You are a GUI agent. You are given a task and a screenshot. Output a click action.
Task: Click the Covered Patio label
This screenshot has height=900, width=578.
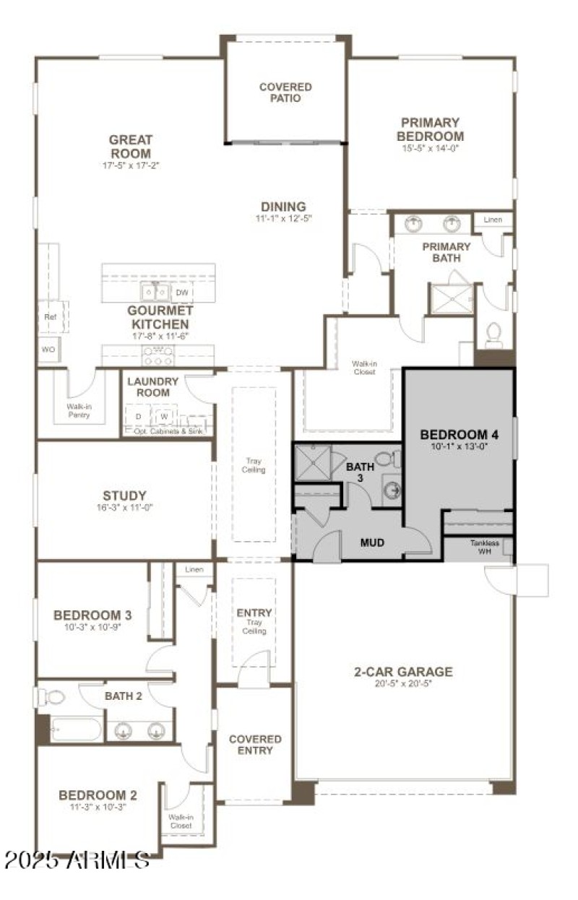point(285,92)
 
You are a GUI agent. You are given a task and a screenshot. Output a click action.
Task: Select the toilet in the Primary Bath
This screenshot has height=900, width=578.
point(494,332)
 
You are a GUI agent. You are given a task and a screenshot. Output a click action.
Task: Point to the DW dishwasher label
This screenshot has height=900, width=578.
point(182,293)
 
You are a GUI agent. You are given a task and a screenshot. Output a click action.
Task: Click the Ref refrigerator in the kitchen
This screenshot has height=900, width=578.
point(50,316)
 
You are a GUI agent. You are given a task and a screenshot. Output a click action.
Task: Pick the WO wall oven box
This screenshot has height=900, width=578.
point(49,350)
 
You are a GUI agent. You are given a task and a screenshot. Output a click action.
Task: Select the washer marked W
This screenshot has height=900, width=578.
point(164,417)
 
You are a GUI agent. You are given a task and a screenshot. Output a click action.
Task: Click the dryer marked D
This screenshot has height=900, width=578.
point(138,417)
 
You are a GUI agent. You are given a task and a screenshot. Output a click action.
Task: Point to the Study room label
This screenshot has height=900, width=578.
point(124,496)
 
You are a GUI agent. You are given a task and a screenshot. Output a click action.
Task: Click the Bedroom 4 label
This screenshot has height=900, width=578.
point(459,435)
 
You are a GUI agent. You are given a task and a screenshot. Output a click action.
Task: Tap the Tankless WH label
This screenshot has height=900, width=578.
point(484,548)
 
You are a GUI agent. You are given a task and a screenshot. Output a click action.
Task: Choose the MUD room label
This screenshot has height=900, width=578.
point(372,542)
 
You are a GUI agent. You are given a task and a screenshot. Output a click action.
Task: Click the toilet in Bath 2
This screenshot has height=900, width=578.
point(52,697)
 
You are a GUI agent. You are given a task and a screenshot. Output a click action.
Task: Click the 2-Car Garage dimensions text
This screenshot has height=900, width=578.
point(403,683)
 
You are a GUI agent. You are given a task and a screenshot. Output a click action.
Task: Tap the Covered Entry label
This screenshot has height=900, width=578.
point(255,745)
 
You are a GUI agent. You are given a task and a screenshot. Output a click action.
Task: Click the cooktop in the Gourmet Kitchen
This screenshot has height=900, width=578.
point(158,355)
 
